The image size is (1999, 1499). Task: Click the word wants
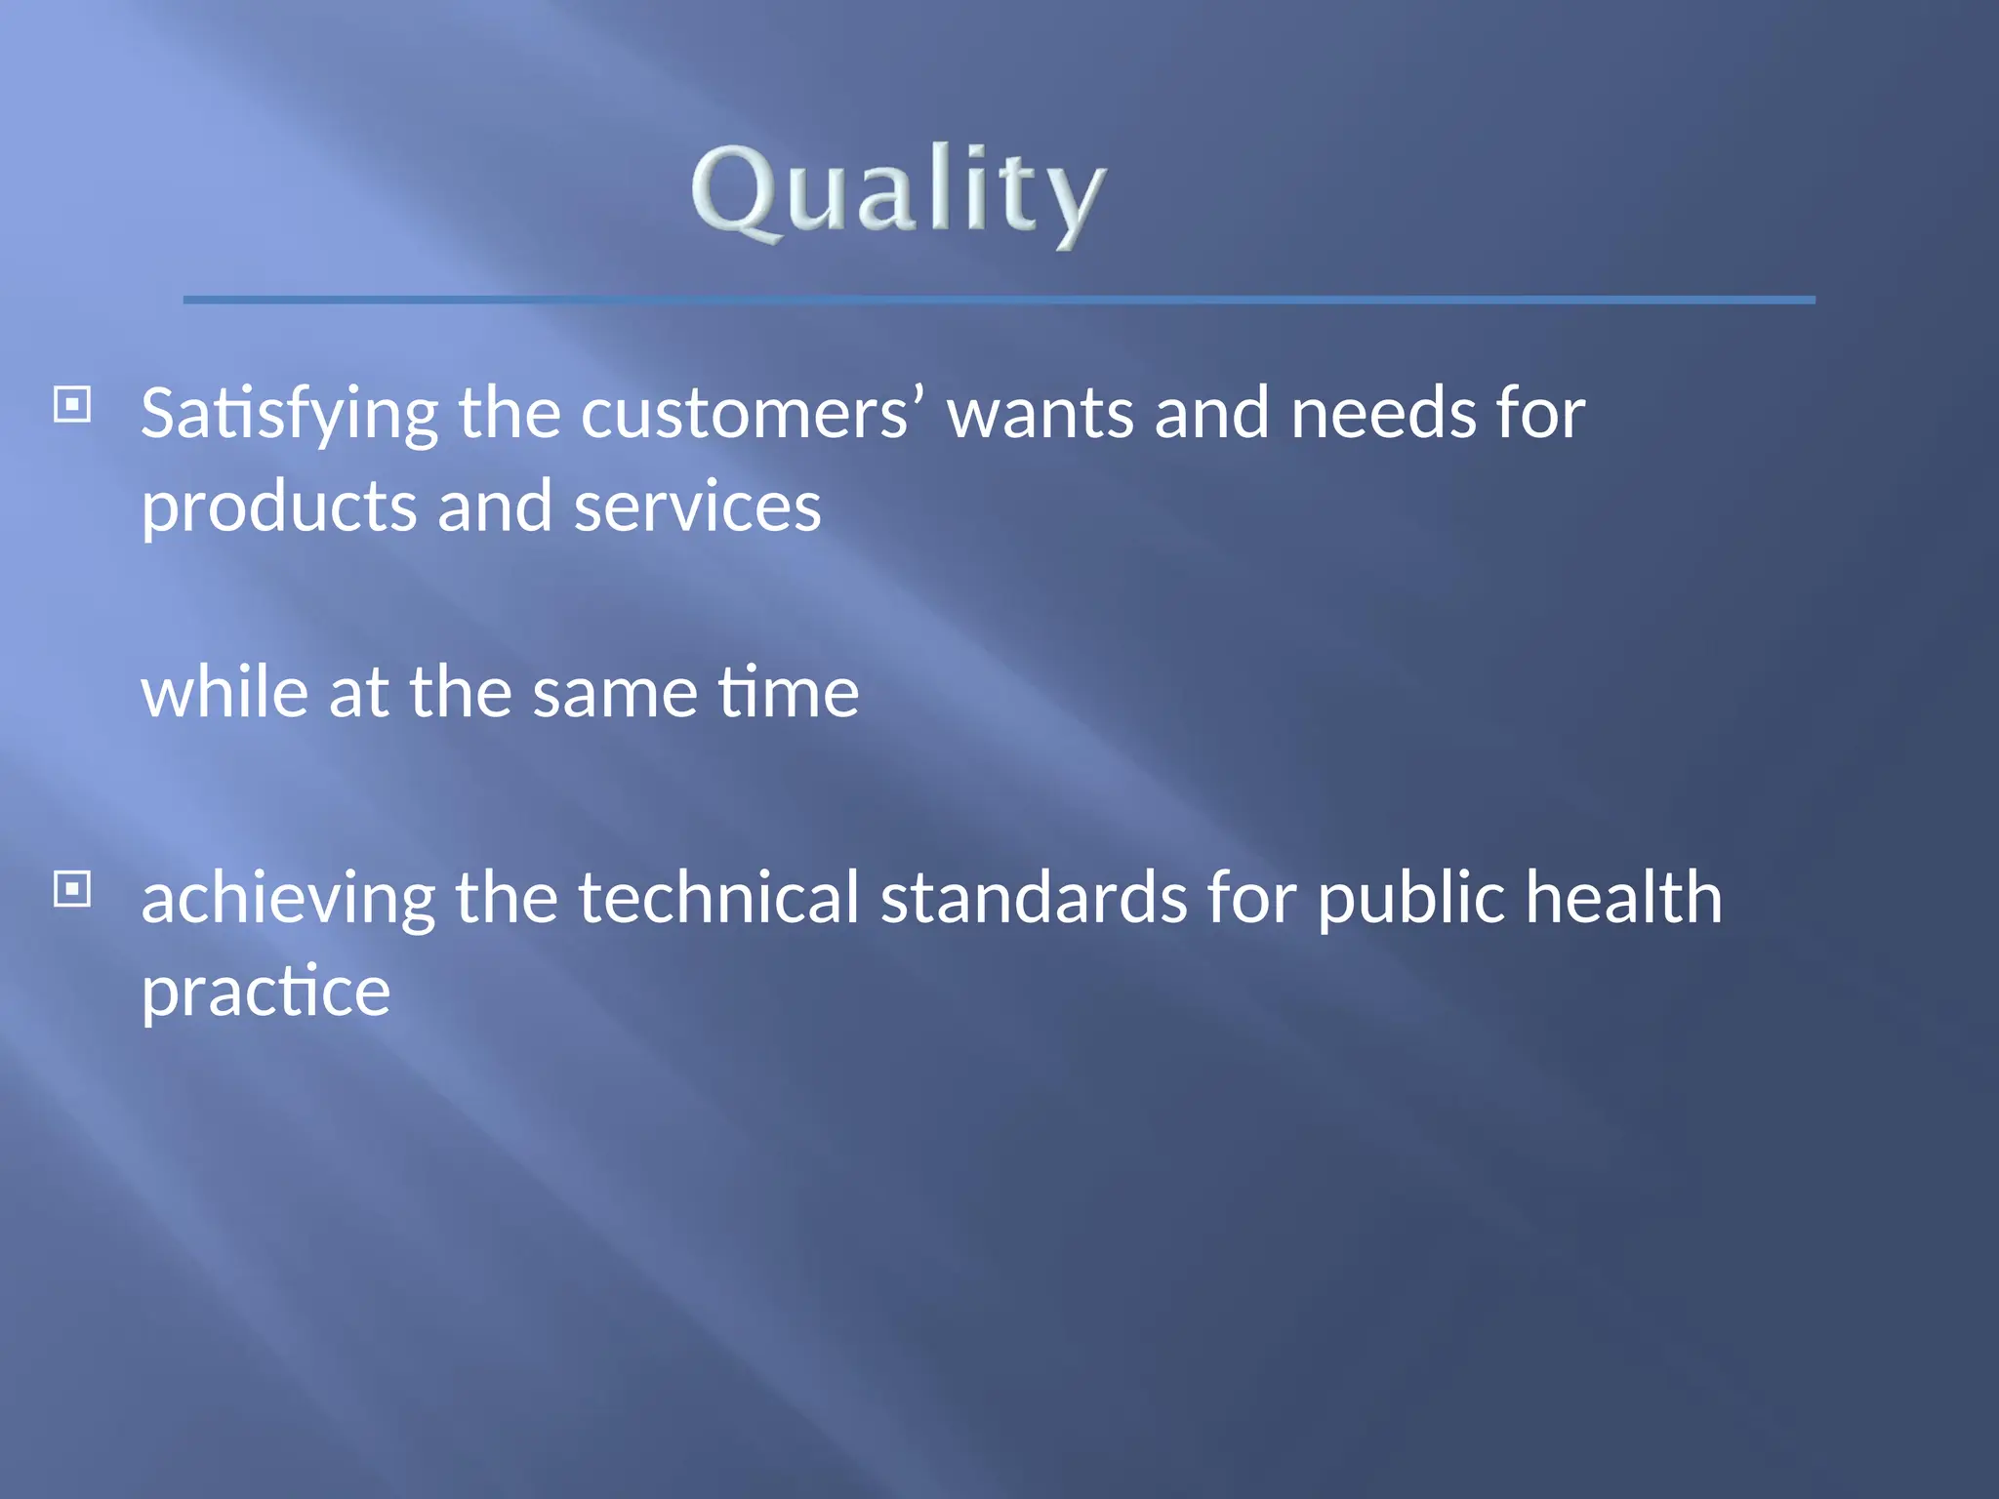coord(1040,415)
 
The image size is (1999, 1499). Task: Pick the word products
coord(279,507)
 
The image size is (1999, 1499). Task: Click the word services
coord(697,507)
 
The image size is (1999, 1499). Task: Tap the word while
coord(225,692)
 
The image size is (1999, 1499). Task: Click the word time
coord(789,692)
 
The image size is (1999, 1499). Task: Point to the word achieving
coord(288,899)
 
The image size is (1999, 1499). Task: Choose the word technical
coord(718,897)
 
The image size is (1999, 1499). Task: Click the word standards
coord(1034,897)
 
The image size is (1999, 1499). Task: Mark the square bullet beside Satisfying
coord(72,404)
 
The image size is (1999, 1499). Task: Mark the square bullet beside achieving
coord(72,889)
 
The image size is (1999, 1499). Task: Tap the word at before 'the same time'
coord(358,694)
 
